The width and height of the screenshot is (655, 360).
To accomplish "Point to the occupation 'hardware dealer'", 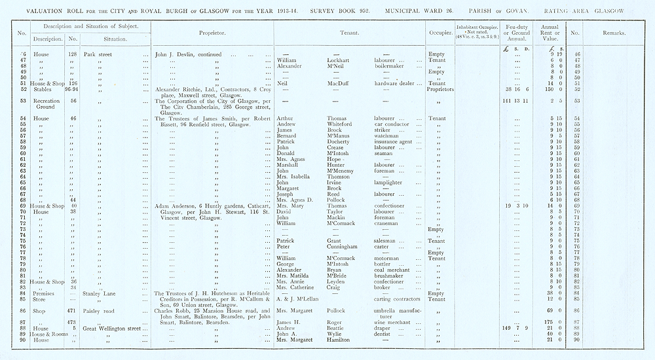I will (x=393, y=83).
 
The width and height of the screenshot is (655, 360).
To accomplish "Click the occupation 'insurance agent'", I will (x=393, y=141).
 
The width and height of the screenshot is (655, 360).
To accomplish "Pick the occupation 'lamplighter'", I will (x=390, y=183).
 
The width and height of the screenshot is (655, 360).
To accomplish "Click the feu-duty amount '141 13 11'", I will (x=513, y=101).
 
